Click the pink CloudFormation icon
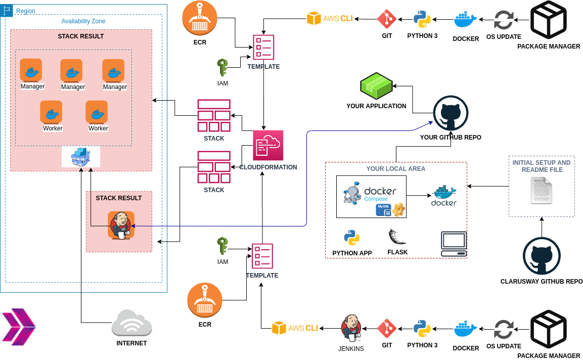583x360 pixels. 268,146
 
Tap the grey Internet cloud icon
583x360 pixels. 131,323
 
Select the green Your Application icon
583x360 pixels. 376,85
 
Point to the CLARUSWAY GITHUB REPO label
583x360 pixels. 542,282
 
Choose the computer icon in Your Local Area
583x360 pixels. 454,244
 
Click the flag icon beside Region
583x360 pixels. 8,10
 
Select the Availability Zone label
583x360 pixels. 83,21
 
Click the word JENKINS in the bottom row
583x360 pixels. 351,349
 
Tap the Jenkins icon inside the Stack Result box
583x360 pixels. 121,225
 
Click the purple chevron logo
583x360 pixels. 18,327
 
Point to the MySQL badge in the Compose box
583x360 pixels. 384,210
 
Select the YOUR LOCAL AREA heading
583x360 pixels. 395,169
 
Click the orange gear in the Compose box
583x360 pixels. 399,209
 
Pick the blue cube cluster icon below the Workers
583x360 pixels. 81,157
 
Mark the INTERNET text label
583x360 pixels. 131,343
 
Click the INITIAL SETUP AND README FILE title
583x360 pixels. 542,166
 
